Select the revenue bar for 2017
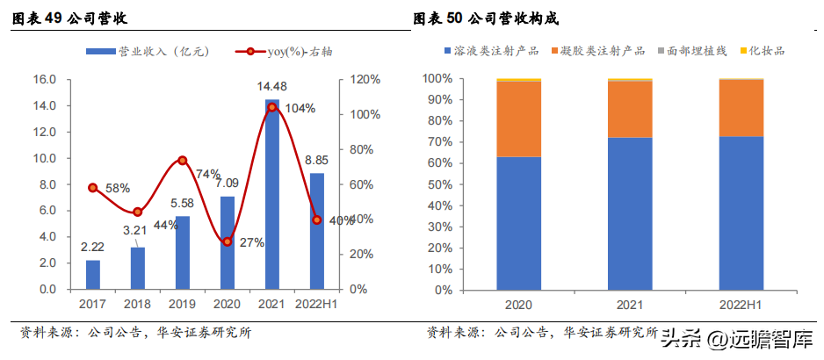pos(93,275)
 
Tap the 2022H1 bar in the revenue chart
pos(317,231)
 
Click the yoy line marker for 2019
pos(183,161)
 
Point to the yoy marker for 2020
pos(228,241)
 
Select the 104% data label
pos(300,108)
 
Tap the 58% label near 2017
pos(118,188)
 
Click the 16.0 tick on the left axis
pos(45,80)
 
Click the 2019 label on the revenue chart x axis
pos(183,304)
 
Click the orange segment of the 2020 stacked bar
pos(518,119)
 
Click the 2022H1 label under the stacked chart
pos(741,304)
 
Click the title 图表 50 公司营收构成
pos(486,18)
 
